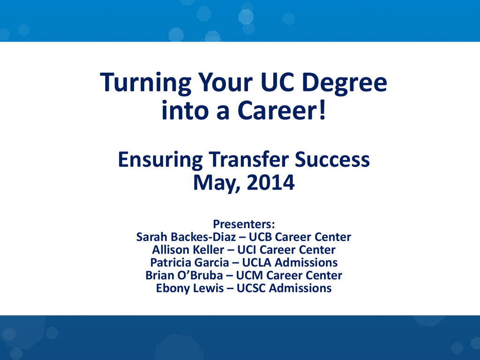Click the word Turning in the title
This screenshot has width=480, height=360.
tap(146, 83)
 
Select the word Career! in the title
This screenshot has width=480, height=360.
tap(282, 110)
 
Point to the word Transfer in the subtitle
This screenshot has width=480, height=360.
tap(249, 159)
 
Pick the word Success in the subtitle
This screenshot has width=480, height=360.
tap(332, 159)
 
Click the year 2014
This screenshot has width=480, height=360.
tap(270, 182)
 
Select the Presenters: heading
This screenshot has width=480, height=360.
tap(244, 224)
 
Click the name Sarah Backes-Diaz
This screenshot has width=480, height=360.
tap(186, 237)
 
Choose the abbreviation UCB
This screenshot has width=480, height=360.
tap(261, 237)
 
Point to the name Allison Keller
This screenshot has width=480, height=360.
tap(188, 250)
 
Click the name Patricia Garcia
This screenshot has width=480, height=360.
tap(189, 262)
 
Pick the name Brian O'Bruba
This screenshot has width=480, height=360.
tap(184, 276)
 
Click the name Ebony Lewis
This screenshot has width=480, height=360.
tap(190, 288)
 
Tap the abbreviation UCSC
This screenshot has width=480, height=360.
tap(251, 288)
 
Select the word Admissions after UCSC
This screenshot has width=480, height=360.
tap(300, 288)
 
